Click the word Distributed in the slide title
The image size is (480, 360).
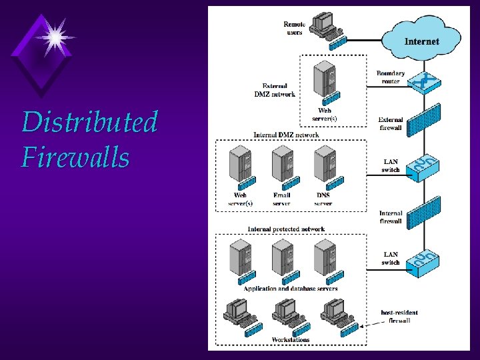[89, 123]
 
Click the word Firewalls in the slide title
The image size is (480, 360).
[75, 158]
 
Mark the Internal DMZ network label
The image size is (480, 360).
[285, 135]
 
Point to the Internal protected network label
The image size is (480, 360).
[286, 229]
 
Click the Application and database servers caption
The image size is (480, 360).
[290, 289]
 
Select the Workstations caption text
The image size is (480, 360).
[290, 340]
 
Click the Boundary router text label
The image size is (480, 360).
[390, 77]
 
